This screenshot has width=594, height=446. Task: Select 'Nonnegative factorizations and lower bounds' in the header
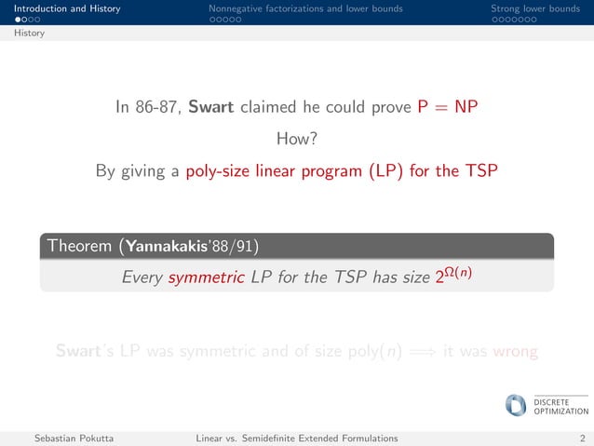(305, 9)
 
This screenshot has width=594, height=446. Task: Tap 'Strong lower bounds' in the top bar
(534, 9)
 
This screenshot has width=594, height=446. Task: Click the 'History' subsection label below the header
(29, 34)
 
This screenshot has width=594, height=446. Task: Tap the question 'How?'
(297, 140)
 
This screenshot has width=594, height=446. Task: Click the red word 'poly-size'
(218, 171)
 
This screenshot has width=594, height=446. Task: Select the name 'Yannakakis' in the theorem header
(164, 247)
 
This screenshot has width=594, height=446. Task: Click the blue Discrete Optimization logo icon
(515, 405)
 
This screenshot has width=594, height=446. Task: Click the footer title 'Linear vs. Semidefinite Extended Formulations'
(297, 438)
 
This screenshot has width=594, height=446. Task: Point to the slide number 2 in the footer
(582, 438)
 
